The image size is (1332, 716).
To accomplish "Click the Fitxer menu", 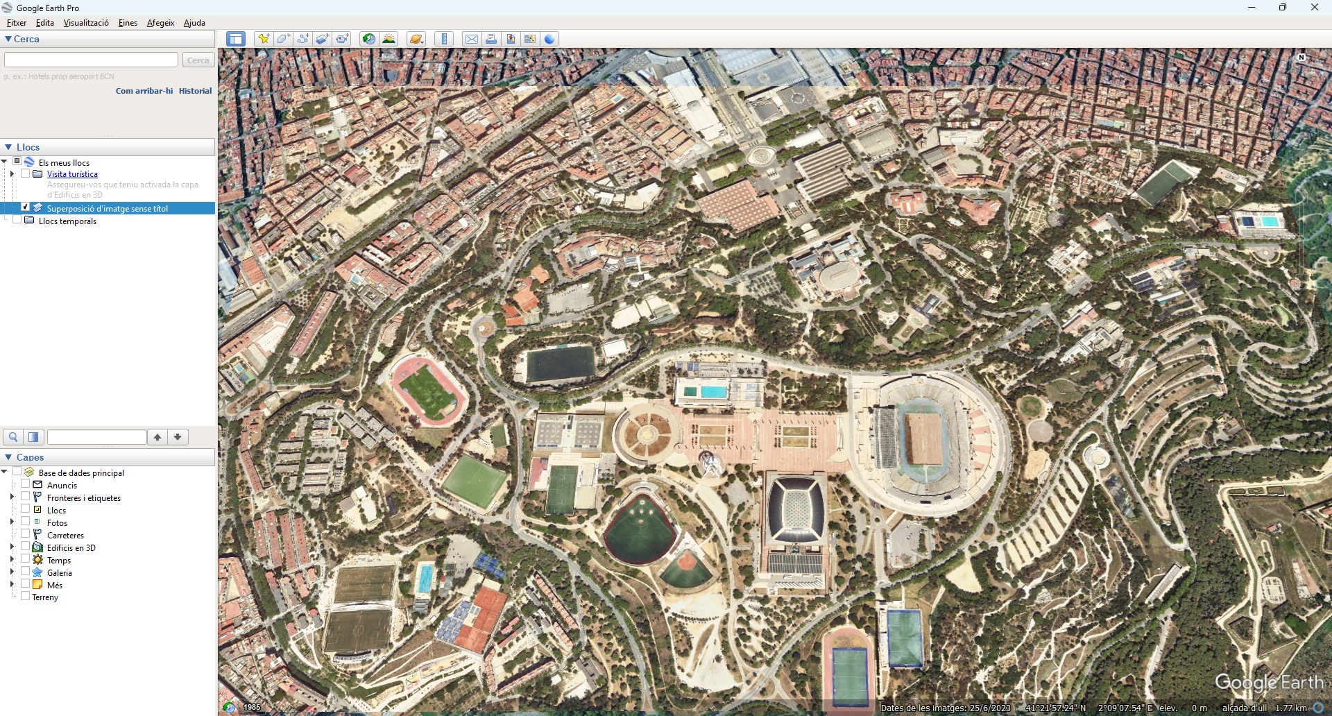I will (x=17, y=23).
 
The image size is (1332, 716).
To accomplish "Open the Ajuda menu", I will (x=194, y=23).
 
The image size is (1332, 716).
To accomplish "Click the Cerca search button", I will (x=198, y=60).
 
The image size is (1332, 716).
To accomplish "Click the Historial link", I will (x=195, y=91).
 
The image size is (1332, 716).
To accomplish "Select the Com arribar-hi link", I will (x=144, y=91).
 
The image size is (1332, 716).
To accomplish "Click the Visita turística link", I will (x=72, y=174).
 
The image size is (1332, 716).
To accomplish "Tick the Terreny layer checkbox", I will (x=26, y=596).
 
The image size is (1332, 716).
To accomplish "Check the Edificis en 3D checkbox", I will (x=26, y=547).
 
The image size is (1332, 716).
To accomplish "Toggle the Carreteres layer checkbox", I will (x=26, y=534).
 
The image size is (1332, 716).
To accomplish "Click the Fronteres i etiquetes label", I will (x=84, y=498).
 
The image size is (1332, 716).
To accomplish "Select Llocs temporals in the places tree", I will (x=67, y=221).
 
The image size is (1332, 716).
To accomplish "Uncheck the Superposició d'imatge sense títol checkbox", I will (x=26, y=207).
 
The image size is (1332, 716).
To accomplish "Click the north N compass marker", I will (x=1301, y=58).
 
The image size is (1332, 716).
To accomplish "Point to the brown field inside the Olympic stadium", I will (x=925, y=438).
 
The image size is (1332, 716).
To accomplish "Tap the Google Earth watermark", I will (x=1269, y=683).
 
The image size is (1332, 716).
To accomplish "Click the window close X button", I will (x=1314, y=8).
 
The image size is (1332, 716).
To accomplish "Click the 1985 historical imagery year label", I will (x=252, y=708).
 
